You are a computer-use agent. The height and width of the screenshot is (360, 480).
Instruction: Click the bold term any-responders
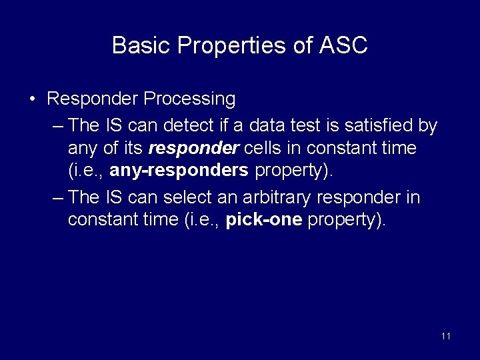tap(179, 170)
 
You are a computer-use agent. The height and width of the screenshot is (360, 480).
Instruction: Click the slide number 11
tap(446, 336)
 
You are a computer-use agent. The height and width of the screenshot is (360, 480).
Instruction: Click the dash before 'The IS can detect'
tap(57, 125)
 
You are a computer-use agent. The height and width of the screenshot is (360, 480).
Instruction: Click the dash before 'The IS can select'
tap(57, 198)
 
